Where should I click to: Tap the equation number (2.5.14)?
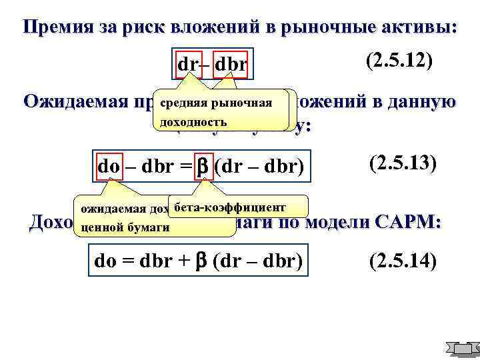coord(401,261)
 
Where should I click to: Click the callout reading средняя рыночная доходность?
coord(219,112)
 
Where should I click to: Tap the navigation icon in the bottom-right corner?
coord(462,349)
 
